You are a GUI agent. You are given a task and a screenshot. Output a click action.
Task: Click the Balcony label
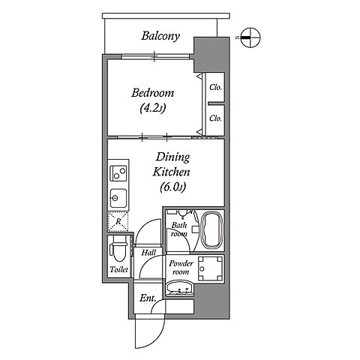pyautogui.click(x=160, y=36)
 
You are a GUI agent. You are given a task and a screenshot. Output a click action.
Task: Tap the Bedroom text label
pyautogui.click(x=153, y=93)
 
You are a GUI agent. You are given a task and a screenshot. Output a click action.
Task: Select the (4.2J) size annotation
pyautogui.click(x=153, y=108)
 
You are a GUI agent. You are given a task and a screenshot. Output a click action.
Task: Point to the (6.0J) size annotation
pyautogui.click(x=173, y=187)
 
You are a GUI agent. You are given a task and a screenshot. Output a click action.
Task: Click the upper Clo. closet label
pyautogui.click(x=215, y=88)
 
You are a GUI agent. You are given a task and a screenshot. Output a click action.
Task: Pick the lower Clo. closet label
pyautogui.click(x=215, y=118)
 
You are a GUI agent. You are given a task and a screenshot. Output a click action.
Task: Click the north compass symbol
pyautogui.click(x=250, y=37)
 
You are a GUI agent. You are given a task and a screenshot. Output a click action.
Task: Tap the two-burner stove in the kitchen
pyautogui.click(x=119, y=172)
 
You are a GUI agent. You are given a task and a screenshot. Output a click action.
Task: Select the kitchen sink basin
pyautogui.click(x=118, y=198)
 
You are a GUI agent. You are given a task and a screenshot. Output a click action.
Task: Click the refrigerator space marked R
pyautogui.click(x=118, y=221)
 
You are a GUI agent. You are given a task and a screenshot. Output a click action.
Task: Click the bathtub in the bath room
pyautogui.click(x=211, y=230)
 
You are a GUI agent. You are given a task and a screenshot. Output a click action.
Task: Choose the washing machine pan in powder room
pyautogui.click(x=210, y=268)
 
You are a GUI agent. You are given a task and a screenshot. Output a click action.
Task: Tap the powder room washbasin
pyautogui.click(x=179, y=289)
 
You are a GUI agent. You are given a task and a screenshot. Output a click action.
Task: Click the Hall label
pyautogui.click(x=148, y=253)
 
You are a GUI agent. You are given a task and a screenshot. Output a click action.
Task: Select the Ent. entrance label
pyautogui.click(x=148, y=298)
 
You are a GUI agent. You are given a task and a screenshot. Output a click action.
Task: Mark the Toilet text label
pyautogui.click(x=119, y=269)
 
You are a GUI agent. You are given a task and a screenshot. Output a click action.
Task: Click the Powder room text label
pyautogui.click(x=181, y=268)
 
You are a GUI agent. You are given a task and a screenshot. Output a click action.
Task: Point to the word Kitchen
pyautogui.click(x=171, y=172)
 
